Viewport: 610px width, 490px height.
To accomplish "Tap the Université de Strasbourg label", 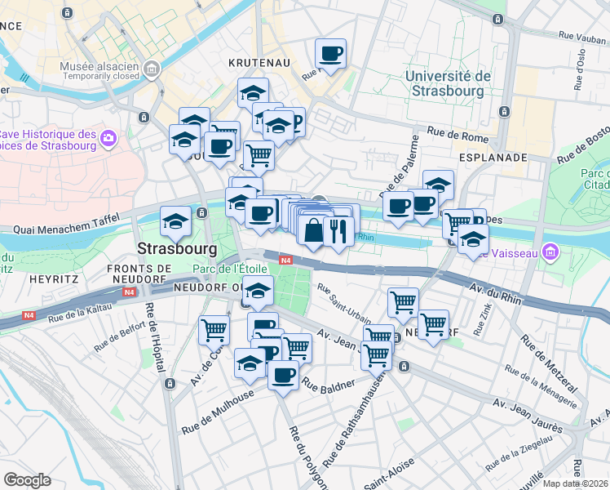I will coord(448,83).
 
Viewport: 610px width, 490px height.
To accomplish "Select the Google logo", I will coord(27,480).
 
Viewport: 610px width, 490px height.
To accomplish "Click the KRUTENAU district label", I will coord(261,62).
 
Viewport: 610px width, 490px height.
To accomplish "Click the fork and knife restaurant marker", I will coord(338,230).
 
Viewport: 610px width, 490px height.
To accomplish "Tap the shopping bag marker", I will coord(314,230).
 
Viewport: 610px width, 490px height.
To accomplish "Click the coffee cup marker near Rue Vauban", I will coord(330,55).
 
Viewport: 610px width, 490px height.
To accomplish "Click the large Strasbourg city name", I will coord(177,247).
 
